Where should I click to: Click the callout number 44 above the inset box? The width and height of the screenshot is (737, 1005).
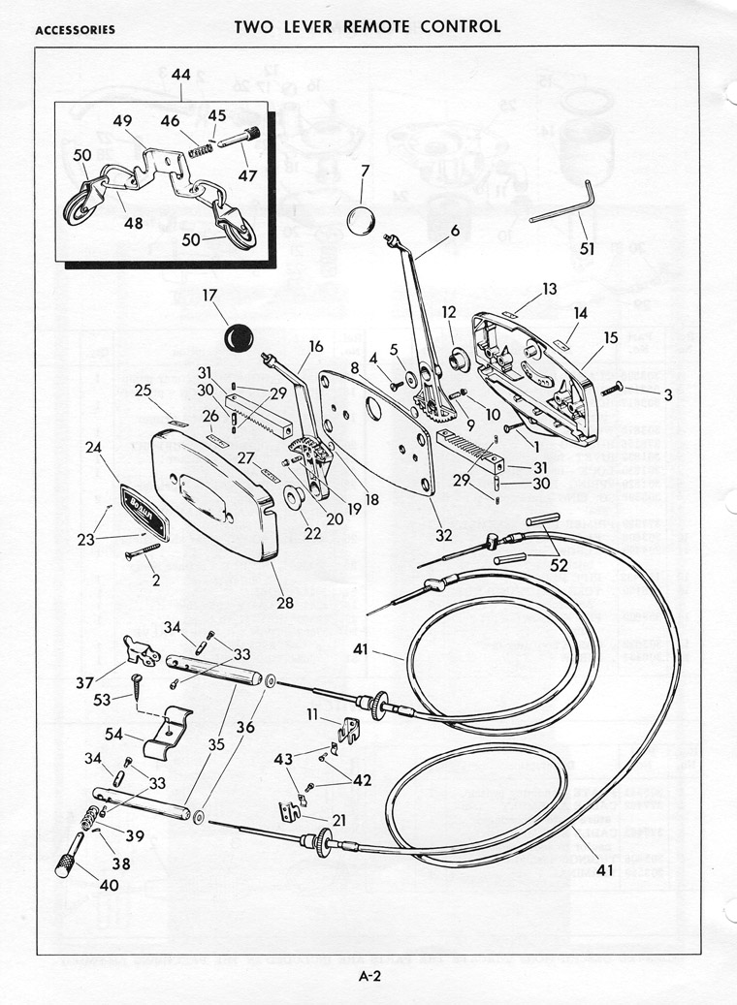[x=181, y=75]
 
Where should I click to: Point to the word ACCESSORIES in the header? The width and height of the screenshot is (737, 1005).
[x=75, y=29]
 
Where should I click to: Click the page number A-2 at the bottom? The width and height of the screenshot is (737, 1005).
[x=368, y=977]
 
